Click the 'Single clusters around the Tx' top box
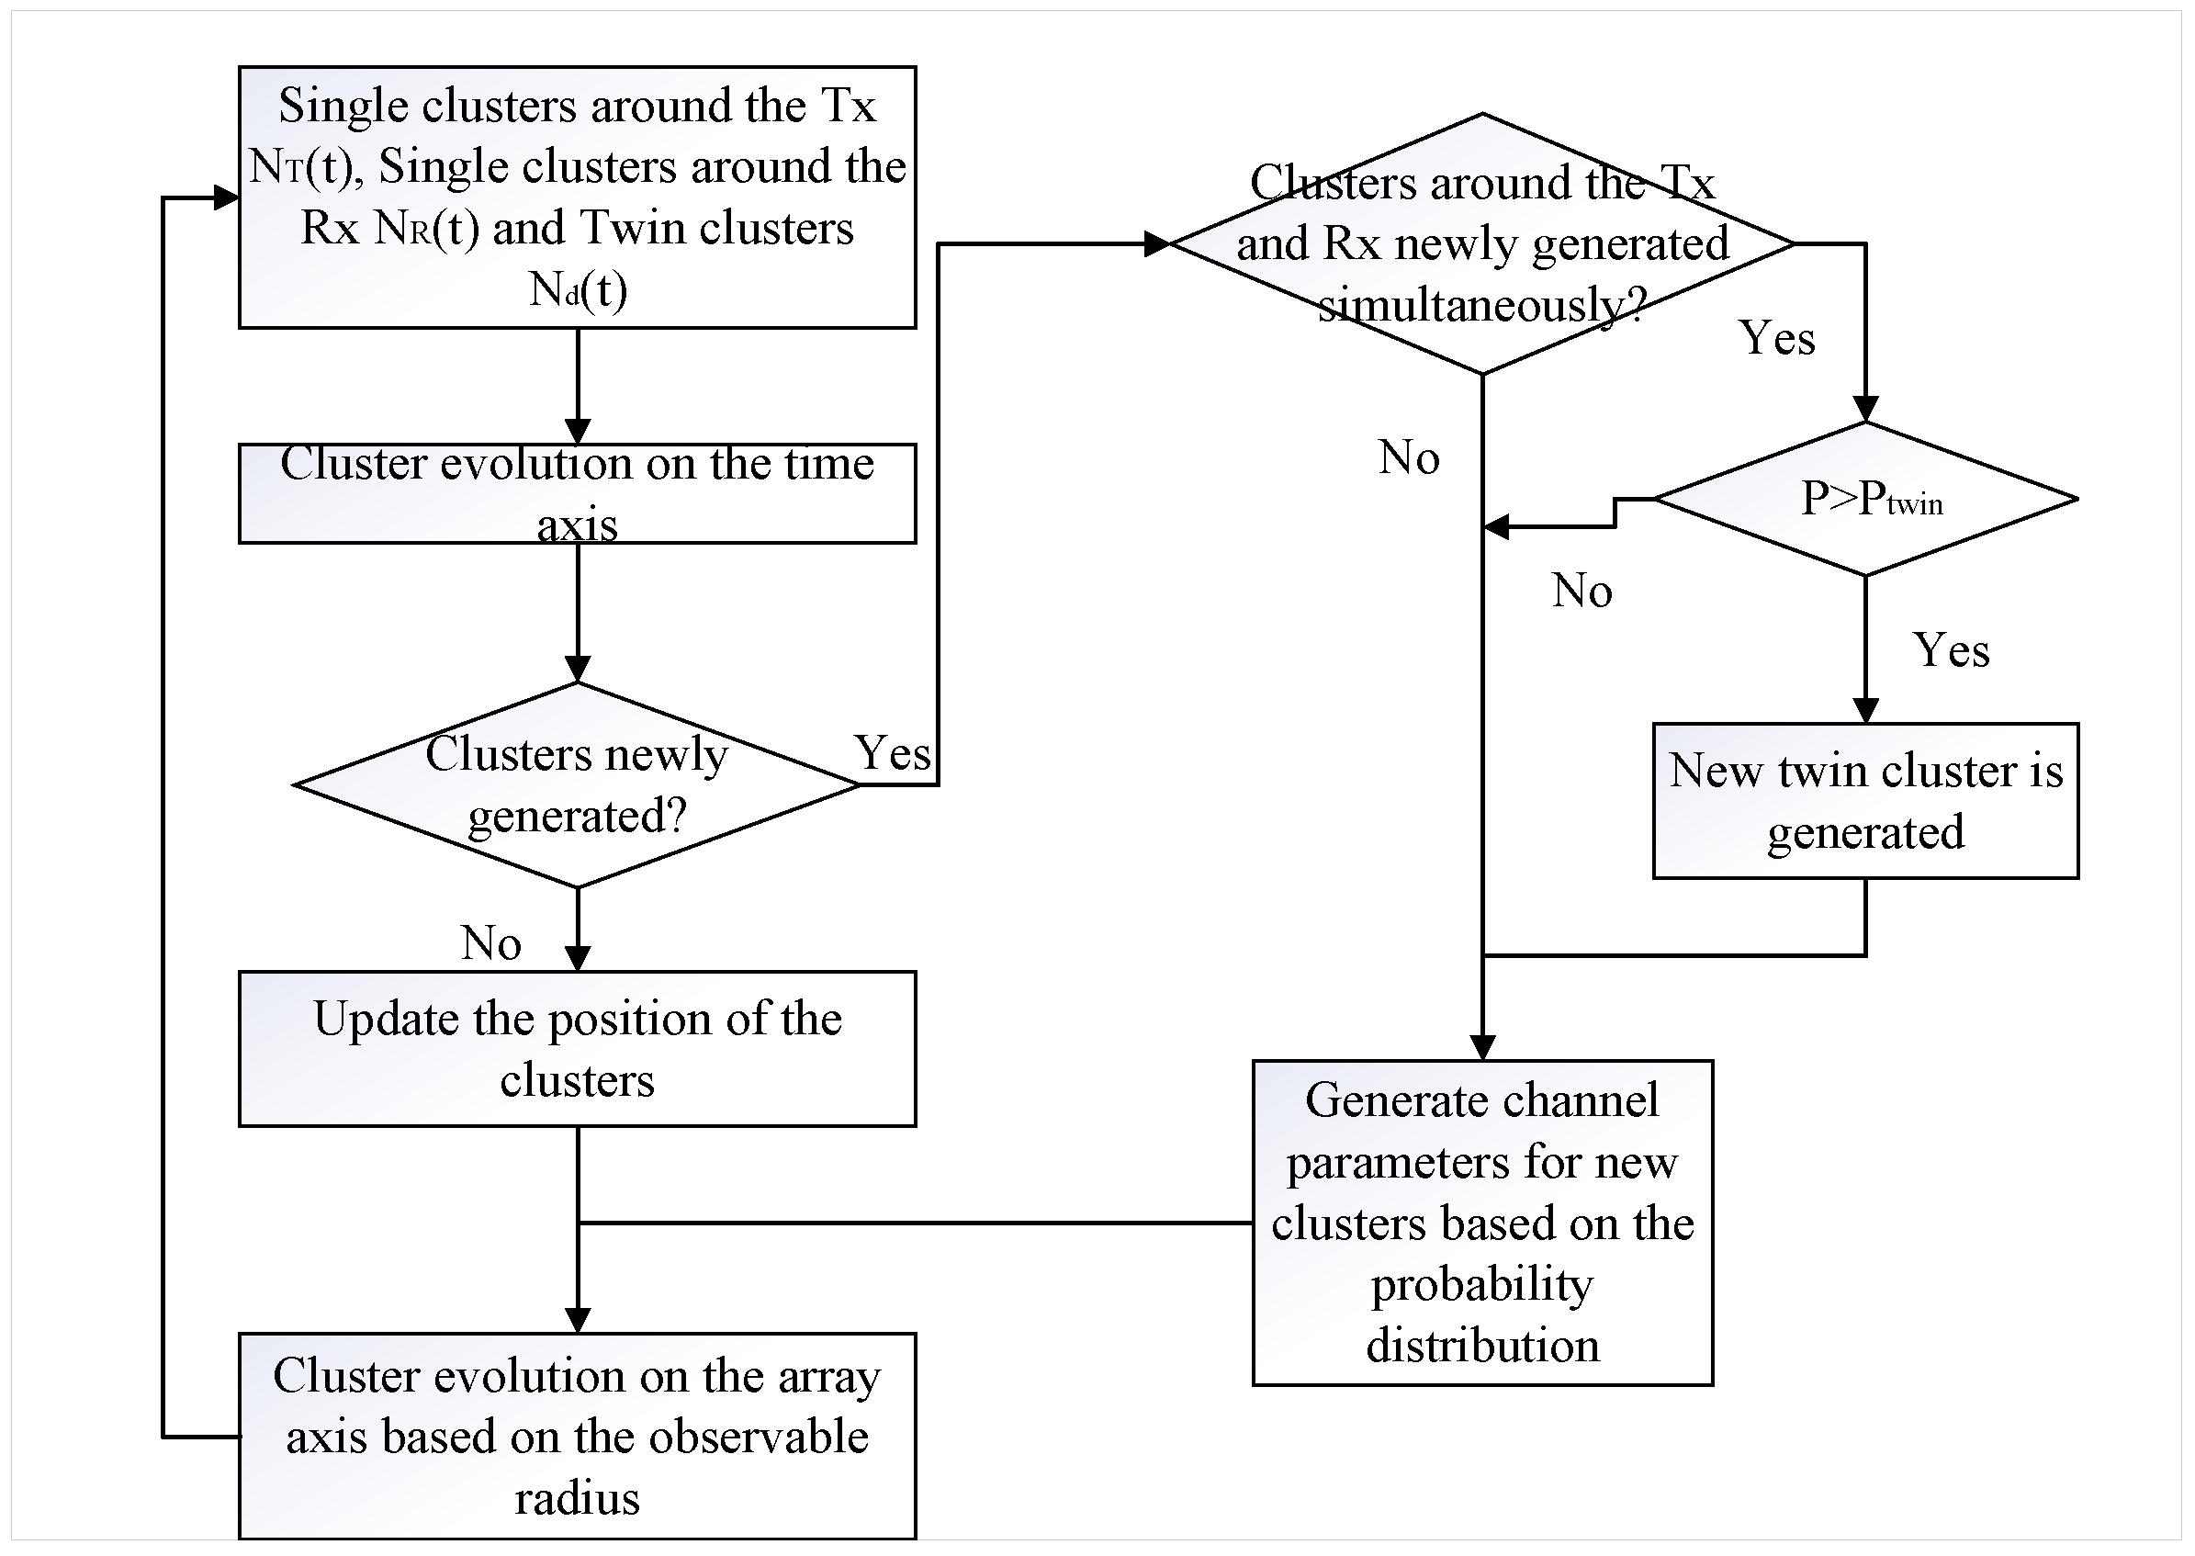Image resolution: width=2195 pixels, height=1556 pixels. (x=577, y=197)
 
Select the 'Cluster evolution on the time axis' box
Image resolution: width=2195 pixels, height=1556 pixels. (x=577, y=493)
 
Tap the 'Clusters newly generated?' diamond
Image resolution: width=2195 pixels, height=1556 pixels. (x=577, y=784)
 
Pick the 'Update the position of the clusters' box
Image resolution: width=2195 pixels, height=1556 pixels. (x=577, y=1048)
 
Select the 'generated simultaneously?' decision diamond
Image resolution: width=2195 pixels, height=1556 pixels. (x=1481, y=243)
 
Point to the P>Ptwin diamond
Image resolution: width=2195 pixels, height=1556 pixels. (x=1864, y=498)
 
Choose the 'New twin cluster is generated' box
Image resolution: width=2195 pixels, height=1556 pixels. (x=1864, y=800)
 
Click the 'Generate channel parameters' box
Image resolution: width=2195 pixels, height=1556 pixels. (x=1481, y=1222)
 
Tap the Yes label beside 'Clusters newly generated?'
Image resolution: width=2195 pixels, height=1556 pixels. (x=892, y=753)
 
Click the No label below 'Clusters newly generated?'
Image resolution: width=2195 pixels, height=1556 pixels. (x=490, y=942)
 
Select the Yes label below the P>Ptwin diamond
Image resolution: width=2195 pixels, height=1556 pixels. (x=1951, y=650)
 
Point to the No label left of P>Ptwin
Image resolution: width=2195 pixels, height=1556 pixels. (x=1582, y=592)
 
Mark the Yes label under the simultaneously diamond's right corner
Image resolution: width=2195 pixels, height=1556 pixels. (x=1776, y=338)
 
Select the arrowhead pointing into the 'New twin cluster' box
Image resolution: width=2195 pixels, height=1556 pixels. (x=1864, y=710)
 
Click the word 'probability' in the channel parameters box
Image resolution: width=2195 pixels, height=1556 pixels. (x=1481, y=1285)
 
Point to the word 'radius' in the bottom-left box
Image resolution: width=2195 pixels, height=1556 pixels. (x=577, y=1498)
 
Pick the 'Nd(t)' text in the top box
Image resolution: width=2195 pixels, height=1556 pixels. (x=578, y=288)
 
